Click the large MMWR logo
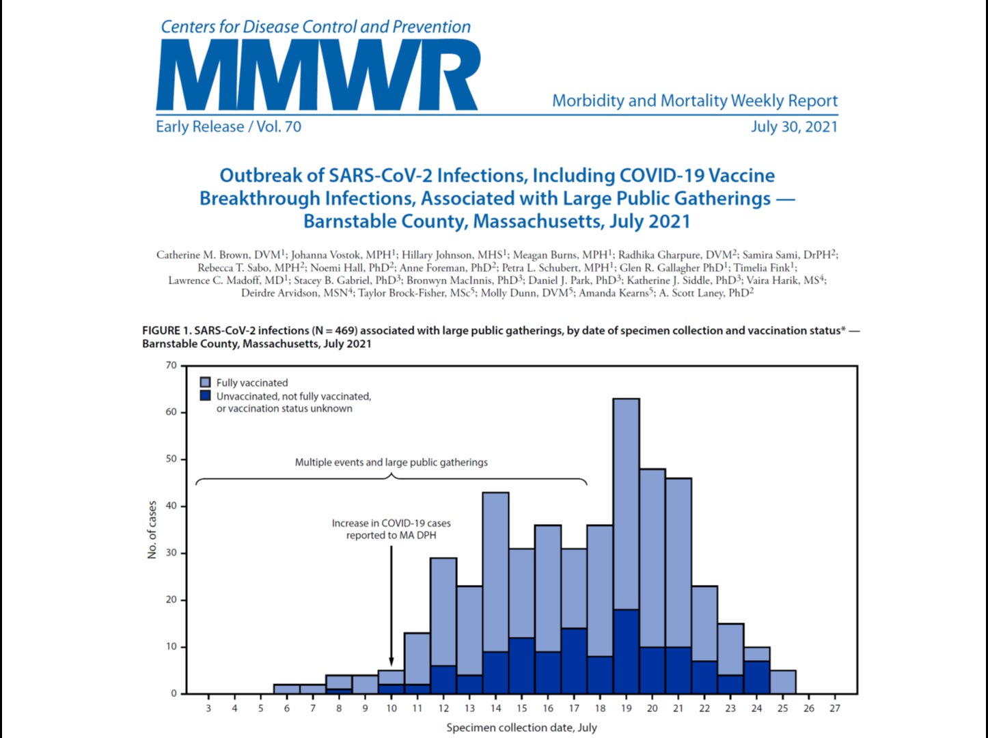(x=318, y=74)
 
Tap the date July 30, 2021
(x=794, y=126)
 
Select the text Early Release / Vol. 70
(x=228, y=126)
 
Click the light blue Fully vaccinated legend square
(x=205, y=383)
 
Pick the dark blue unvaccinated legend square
(x=205, y=396)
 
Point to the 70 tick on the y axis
(x=171, y=366)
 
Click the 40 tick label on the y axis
(x=171, y=506)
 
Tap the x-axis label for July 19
(x=626, y=708)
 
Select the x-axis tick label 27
(x=835, y=708)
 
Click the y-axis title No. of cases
(x=152, y=530)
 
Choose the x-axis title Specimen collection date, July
(x=521, y=728)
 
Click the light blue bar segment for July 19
(x=626, y=502)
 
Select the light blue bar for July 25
(x=782, y=682)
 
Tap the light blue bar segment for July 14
(x=495, y=571)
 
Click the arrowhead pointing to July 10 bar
(x=392, y=660)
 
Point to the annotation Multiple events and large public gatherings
(x=391, y=463)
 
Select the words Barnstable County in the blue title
(x=385, y=222)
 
